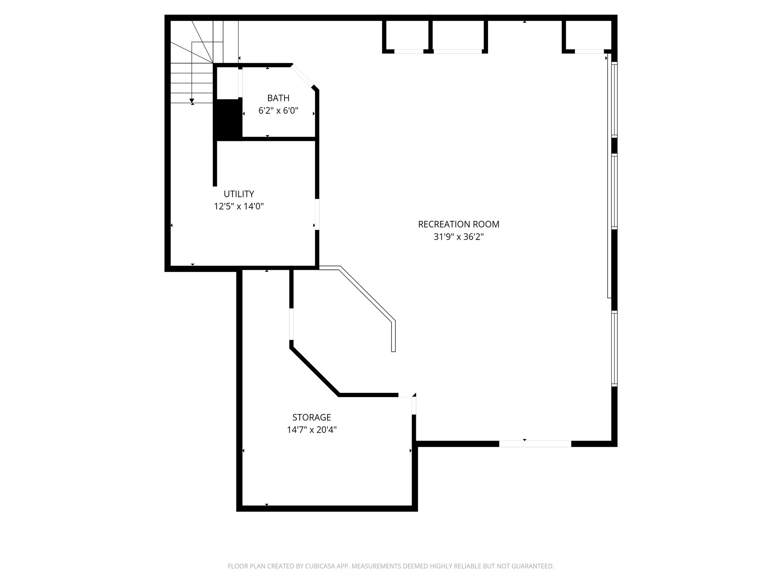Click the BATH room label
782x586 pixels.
(278, 98)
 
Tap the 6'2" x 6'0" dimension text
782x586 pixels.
(278, 111)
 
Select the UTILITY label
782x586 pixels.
(239, 194)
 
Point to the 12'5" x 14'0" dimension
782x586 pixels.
(239, 206)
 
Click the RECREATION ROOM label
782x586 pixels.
(458, 224)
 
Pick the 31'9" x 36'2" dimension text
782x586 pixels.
(458, 237)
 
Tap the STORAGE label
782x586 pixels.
(312, 417)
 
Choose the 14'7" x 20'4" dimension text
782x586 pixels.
(312, 430)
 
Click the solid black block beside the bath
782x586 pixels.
(228, 119)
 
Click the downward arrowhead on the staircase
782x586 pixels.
(192, 101)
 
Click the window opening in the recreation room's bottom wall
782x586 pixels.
(535, 444)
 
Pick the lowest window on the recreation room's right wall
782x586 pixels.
(614, 348)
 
